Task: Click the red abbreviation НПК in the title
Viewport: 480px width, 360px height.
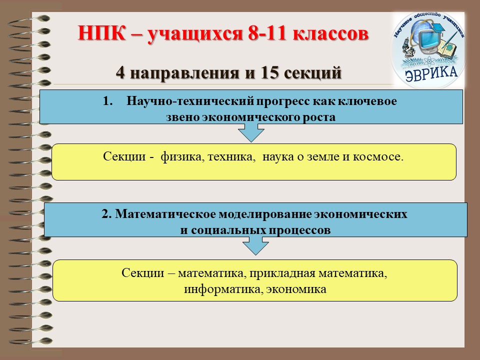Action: click(x=101, y=33)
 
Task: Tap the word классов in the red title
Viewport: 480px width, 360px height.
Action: click(x=330, y=33)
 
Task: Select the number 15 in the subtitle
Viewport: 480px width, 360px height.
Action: click(x=269, y=73)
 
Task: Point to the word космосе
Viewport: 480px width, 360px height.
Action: click(x=378, y=156)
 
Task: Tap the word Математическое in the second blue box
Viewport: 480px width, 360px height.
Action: click(x=165, y=214)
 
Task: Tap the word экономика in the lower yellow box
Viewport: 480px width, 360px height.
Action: click(x=296, y=289)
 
